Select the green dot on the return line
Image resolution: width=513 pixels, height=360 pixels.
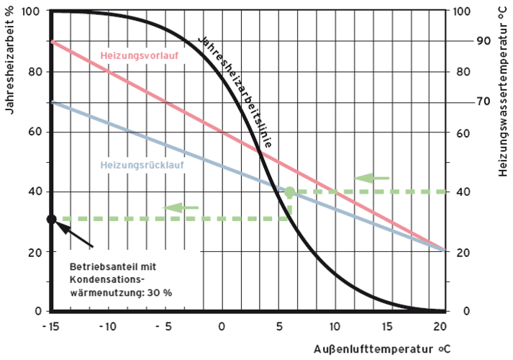coord(289,192)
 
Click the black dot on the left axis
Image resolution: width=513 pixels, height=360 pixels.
coord(52,219)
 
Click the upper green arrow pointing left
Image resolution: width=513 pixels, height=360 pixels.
coord(373,177)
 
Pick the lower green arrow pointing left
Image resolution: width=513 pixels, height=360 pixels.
coord(181,207)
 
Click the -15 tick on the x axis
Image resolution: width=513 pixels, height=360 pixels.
coord(51,325)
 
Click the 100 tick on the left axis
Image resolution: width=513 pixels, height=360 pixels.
coord(31,12)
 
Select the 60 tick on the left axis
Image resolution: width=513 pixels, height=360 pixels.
coord(34,132)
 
